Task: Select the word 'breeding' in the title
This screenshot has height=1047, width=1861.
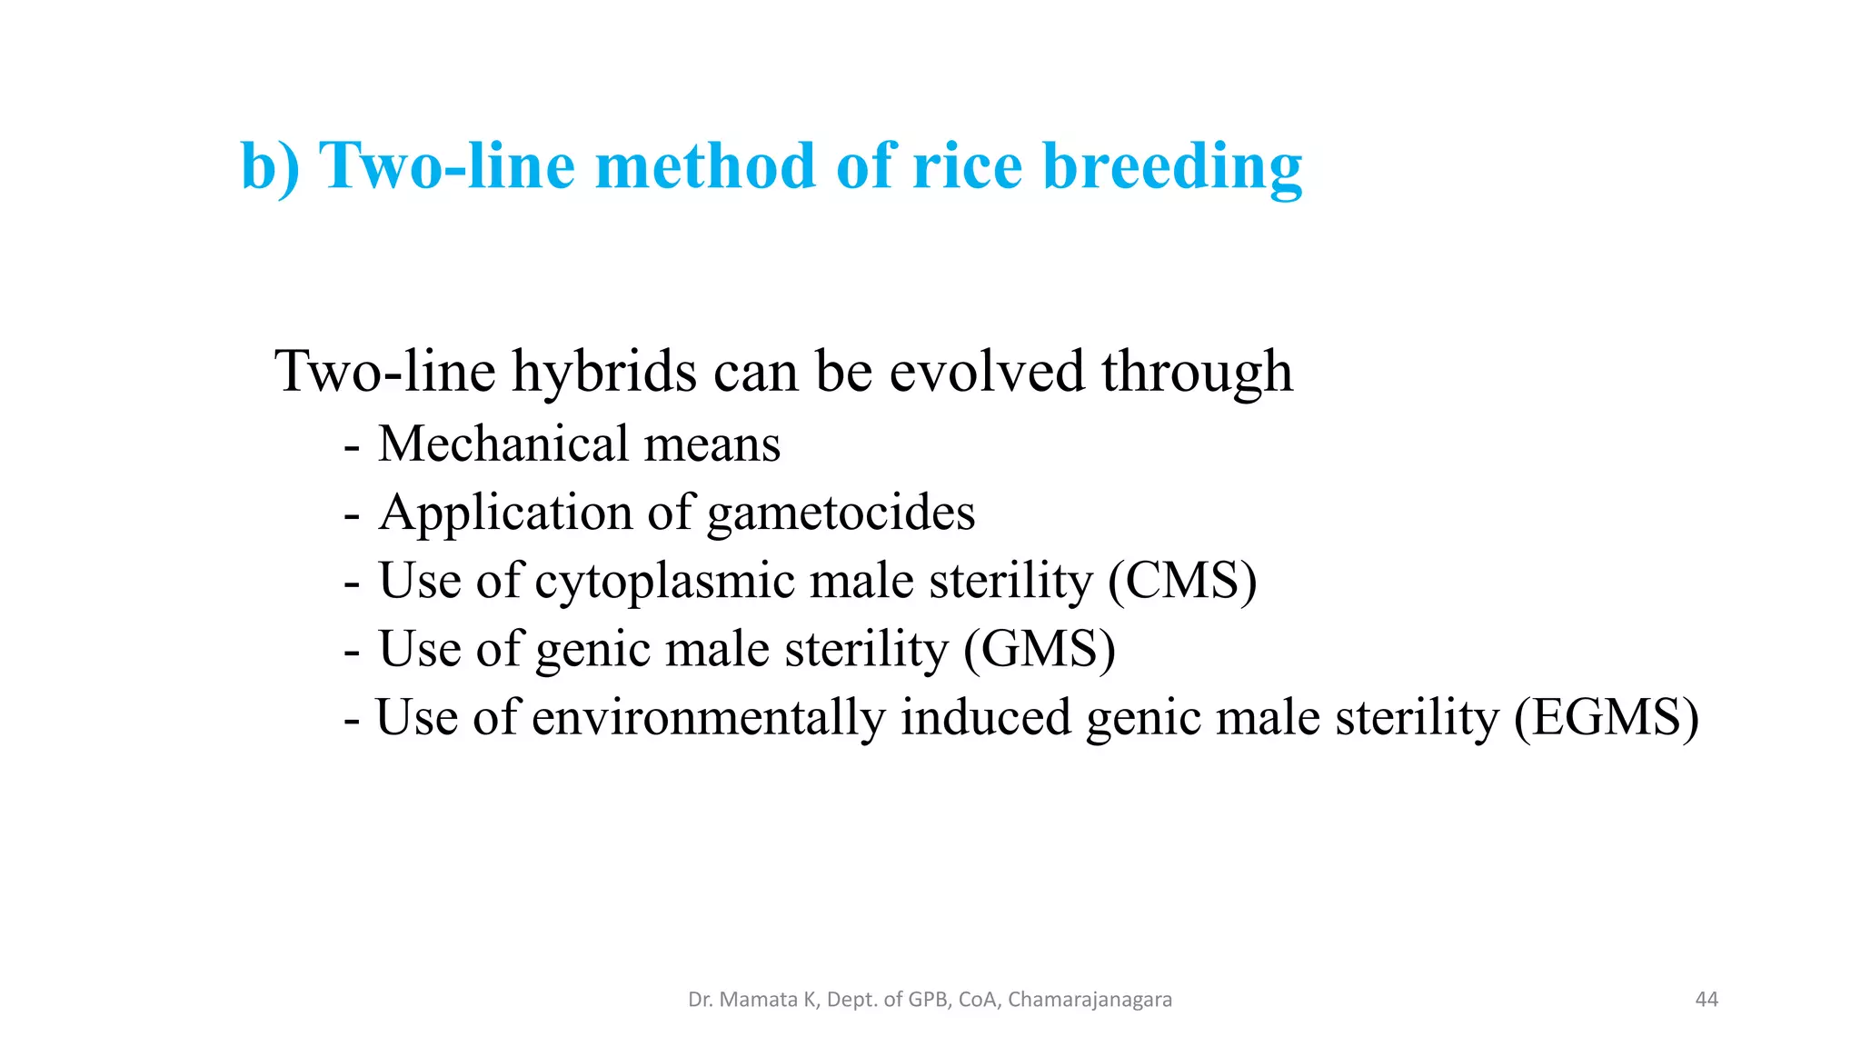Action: (1172, 168)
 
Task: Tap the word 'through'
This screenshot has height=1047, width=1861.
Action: (1197, 373)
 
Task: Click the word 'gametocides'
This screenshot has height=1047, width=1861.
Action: (841, 514)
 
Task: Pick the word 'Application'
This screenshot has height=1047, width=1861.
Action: (506, 514)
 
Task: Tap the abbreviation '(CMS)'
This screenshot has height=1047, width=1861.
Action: (1182, 581)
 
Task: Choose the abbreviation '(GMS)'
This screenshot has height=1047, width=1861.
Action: (1040, 650)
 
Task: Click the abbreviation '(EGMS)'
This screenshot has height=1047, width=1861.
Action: (1606, 718)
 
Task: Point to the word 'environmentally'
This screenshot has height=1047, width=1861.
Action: (708, 718)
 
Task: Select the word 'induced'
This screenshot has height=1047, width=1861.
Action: (986, 717)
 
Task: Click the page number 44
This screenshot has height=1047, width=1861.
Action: (1707, 1000)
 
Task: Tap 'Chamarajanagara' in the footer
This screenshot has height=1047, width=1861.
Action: (1090, 1000)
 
